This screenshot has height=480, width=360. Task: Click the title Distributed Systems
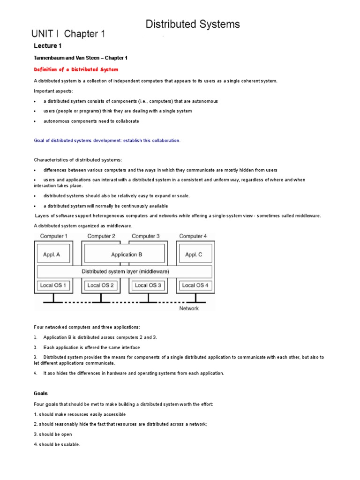coord(193,24)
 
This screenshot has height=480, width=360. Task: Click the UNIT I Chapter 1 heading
coord(68,34)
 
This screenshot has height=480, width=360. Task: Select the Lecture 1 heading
coord(47,46)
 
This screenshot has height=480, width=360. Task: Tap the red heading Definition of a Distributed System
coord(76,69)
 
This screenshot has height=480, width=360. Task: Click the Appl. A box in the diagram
coord(53,255)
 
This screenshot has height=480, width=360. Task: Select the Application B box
coord(124,255)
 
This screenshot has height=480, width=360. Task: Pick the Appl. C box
coord(194,255)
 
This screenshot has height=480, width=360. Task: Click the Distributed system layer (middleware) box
coord(125,271)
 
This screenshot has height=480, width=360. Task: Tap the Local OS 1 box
coord(53,285)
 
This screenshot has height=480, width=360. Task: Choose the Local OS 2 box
coord(100,285)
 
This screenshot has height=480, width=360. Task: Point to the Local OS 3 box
coord(148,285)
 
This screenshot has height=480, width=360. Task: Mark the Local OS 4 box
coord(195,285)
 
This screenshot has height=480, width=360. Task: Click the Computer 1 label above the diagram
coord(53,236)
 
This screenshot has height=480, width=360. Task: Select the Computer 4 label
coord(193,236)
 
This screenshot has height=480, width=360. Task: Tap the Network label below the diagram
coord(189,308)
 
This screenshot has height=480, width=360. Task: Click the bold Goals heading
coord(41,394)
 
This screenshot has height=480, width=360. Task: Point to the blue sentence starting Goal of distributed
coord(107,140)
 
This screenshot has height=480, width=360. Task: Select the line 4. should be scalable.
coord(57,444)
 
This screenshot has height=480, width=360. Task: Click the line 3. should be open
coord(52,435)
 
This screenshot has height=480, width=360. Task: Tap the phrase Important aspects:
coord(53,90)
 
